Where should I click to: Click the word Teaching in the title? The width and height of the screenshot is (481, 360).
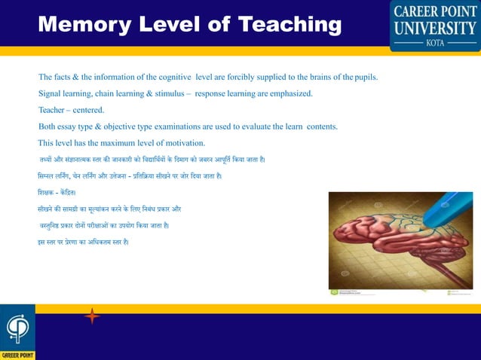point(290,24)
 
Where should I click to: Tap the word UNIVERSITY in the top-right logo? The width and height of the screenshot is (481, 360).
point(434,29)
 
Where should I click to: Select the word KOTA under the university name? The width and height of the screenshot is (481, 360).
point(435,44)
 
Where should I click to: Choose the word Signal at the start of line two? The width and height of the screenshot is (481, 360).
point(52,94)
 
